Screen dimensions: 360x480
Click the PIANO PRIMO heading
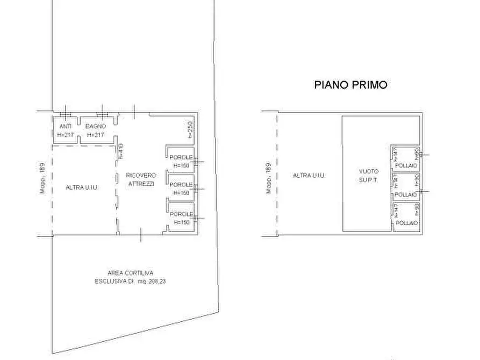350,84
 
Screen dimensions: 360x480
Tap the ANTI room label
65,126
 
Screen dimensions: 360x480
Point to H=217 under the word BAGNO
95,134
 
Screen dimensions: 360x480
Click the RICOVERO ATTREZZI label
140,179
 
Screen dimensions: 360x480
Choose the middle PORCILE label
179,184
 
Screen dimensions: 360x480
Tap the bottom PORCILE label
179,214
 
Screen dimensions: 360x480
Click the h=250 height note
190,129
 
